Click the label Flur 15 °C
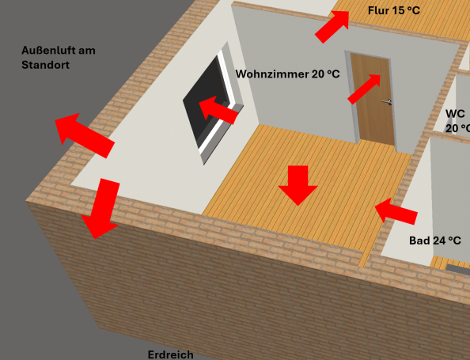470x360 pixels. (x=394, y=11)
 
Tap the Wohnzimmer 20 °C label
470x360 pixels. (x=288, y=74)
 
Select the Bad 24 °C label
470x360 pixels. (x=435, y=241)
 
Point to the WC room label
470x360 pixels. (x=457, y=121)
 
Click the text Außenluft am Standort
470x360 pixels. (x=59, y=58)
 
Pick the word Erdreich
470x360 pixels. (x=171, y=354)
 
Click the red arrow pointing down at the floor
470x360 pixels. (x=298, y=185)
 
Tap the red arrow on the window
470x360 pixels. (x=218, y=110)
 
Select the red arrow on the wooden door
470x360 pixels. (x=364, y=89)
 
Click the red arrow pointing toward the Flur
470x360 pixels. (x=332, y=26)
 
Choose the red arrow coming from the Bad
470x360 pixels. (x=396, y=211)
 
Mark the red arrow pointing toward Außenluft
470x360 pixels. (x=85, y=135)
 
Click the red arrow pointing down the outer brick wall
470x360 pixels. (x=100, y=208)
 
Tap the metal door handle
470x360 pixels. (x=387, y=102)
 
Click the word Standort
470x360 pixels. (x=46, y=65)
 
